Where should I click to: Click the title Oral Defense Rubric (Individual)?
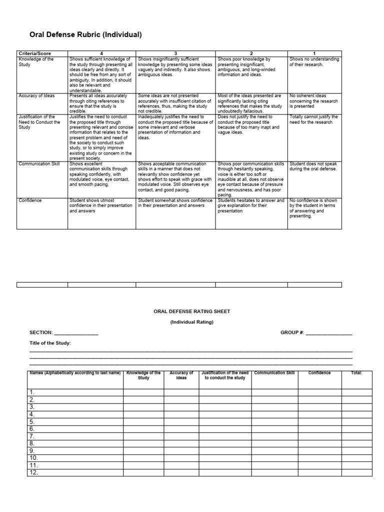[86, 34]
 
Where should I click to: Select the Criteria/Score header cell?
[34, 53]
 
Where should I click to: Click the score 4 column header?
[101, 53]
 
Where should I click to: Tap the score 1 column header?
[314, 53]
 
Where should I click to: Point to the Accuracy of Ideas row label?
[37, 95]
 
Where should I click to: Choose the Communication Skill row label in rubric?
[39, 163]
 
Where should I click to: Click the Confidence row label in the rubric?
[30, 200]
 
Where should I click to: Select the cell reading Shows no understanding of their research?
[313, 62]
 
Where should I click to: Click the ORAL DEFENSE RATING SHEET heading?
[192, 311]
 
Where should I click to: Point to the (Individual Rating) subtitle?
[192, 322]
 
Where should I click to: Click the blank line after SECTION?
[76, 333]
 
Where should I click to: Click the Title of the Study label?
[50, 343]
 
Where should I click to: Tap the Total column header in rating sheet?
[356, 373]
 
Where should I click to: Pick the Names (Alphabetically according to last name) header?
[75, 373]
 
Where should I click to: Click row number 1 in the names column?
[32, 392]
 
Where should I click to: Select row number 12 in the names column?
[33, 472]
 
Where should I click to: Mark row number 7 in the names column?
[32, 436]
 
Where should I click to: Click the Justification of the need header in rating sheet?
[224, 375]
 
